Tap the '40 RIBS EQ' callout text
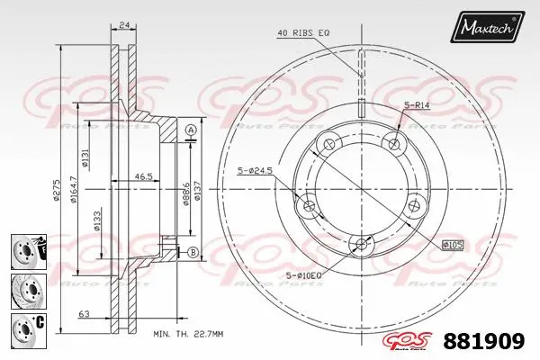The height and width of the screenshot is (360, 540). point(302,33)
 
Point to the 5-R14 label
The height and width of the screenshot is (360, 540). point(417,106)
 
